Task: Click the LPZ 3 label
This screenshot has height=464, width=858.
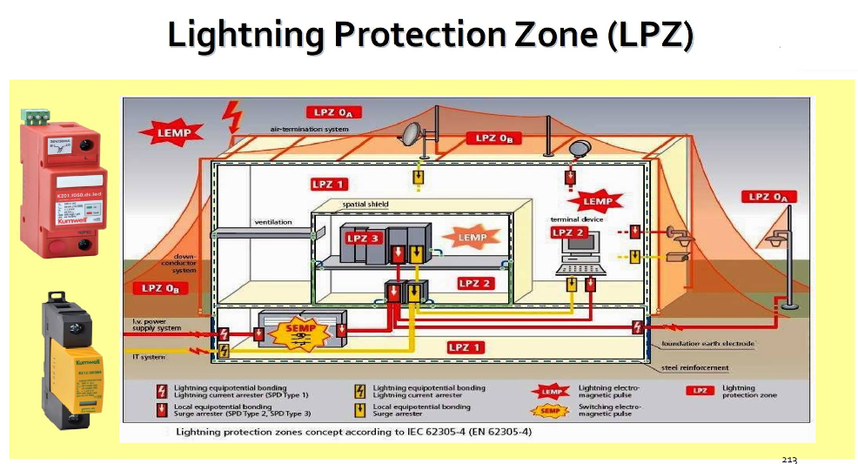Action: (x=364, y=238)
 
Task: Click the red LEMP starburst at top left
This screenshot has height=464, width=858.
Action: (x=172, y=133)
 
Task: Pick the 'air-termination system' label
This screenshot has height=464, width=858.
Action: (x=309, y=129)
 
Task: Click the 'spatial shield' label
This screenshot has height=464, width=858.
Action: (x=365, y=205)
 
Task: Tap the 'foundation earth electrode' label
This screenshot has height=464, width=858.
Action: (x=707, y=344)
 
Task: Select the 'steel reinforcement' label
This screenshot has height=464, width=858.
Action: (x=695, y=367)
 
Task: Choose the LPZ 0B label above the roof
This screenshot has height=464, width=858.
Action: (x=493, y=138)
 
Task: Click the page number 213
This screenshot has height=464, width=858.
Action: (x=789, y=459)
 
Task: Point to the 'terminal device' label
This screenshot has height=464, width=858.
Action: (x=577, y=219)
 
